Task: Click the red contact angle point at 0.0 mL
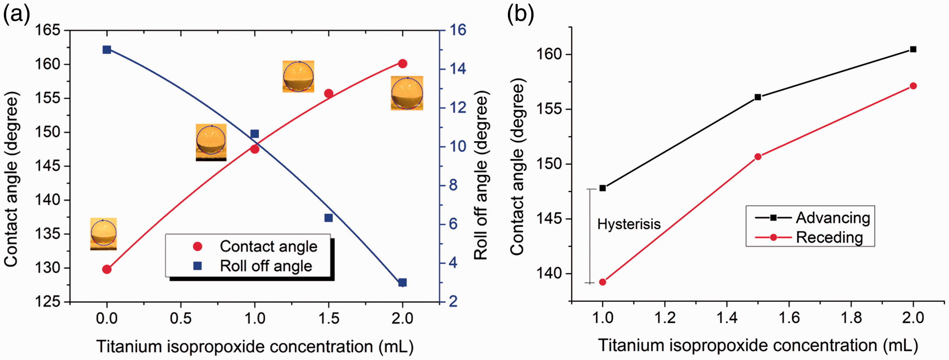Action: [x=107, y=269]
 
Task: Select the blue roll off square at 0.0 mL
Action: [x=107, y=50]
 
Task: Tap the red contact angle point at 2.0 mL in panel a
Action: [x=403, y=64]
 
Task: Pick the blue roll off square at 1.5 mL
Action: [x=329, y=218]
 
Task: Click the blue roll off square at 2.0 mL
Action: [x=402, y=283]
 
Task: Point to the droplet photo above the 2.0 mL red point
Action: [x=407, y=93]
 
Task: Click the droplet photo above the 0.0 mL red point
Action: [x=104, y=234]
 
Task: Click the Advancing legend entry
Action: [x=813, y=218]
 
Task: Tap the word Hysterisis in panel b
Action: [x=629, y=224]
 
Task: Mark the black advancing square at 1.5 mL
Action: [x=758, y=97]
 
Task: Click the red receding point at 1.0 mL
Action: [x=603, y=282]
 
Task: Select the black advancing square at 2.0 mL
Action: [x=913, y=49]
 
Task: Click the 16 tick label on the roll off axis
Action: [x=457, y=30]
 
